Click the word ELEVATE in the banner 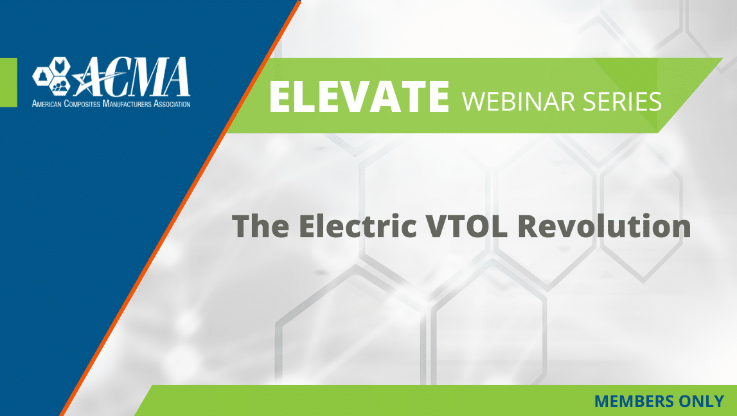[359, 96]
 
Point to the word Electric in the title [358, 226]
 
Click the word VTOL [466, 226]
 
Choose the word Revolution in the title [604, 226]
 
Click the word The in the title [260, 226]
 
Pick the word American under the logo [46, 104]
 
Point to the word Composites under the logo [82, 104]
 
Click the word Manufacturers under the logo [127, 104]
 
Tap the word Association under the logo [172, 104]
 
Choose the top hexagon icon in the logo [60, 66]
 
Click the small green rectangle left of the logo [8, 82]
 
